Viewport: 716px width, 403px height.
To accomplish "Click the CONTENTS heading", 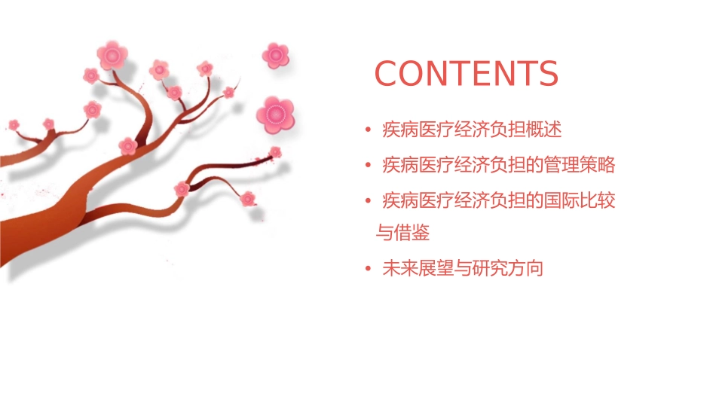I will click(x=466, y=74).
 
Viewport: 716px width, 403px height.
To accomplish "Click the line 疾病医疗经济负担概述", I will click(x=472, y=130).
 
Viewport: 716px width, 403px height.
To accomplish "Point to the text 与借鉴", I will click(x=402, y=233).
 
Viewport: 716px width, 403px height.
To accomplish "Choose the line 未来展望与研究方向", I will click(x=462, y=268).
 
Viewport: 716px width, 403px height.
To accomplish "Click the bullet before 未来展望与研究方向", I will click(x=367, y=269).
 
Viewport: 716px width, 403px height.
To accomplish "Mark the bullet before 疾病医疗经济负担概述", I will click(x=367, y=130).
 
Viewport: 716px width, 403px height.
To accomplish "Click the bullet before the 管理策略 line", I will click(x=367, y=165).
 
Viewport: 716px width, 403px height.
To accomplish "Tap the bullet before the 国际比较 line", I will click(x=367, y=200).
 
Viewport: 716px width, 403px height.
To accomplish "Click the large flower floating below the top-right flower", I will click(x=274, y=114).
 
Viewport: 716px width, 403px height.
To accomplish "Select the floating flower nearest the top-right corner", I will click(x=276, y=55).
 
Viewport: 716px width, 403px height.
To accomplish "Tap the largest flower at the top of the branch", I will click(x=112, y=55).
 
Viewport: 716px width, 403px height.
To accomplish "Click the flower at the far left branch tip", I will click(x=14, y=124).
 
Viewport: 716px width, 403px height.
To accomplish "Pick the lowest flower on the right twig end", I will click(x=248, y=199).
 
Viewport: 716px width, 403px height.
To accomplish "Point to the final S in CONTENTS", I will click(x=547, y=74).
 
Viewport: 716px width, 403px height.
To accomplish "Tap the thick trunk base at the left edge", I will click(x=15, y=241).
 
